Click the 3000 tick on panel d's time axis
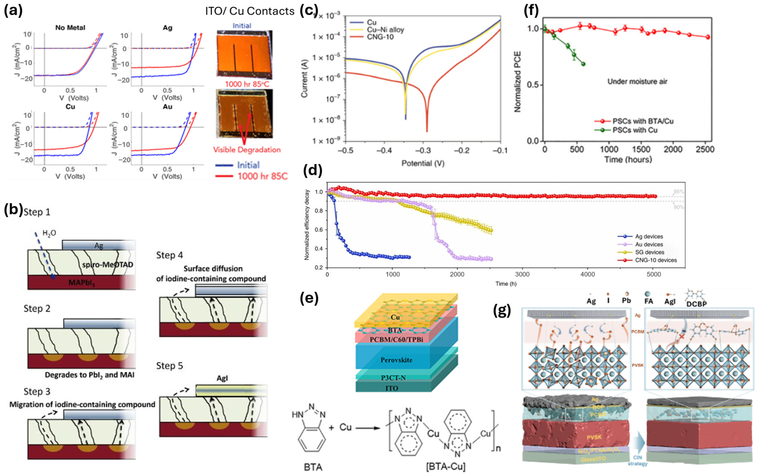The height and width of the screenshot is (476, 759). (x=523, y=274)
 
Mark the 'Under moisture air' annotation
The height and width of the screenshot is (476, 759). (x=637, y=82)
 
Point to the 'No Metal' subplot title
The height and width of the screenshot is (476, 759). (x=70, y=28)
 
